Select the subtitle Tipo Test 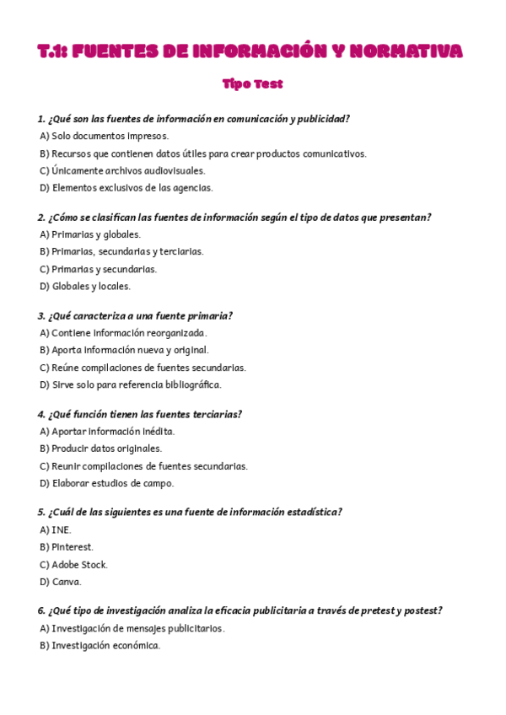[x=253, y=84]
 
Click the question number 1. [x=41, y=119]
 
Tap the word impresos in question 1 [x=148, y=136]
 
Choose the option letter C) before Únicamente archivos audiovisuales [x=44, y=170]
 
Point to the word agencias [x=193, y=188]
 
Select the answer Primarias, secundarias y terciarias [x=126, y=251]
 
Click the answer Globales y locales [x=90, y=286]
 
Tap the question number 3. [x=41, y=316]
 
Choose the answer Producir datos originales [x=106, y=449]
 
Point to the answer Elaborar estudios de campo [x=112, y=483]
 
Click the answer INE [x=61, y=530]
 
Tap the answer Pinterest [x=73, y=547]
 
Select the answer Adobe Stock [x=79, y=565]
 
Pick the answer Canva [x=66, y=582]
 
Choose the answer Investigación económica [x=105, y=646]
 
